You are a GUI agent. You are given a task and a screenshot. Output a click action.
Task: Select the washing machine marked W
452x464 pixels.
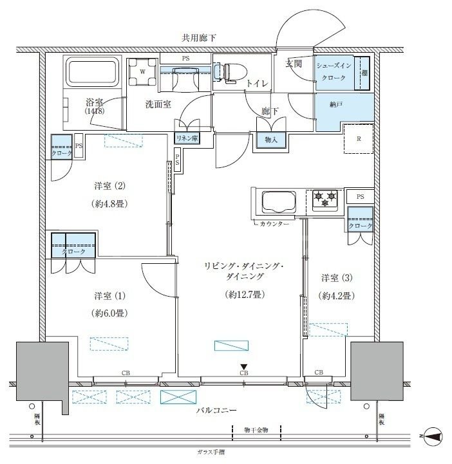(x=142, y=72)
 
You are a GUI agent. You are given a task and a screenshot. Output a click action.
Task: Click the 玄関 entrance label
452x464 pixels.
(x=295, y=62)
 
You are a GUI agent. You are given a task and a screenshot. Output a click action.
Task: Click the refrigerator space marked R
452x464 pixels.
(x=358, y=138)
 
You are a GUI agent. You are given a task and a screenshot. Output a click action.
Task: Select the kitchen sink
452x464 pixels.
(x=275, y=203)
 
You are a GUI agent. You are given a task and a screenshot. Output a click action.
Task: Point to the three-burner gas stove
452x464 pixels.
(x=325, y=199)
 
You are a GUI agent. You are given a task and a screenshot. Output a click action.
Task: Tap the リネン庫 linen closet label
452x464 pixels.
(x=186, y=138)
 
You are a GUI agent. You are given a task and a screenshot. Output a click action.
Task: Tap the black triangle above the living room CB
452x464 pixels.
(x=243, y=367)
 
